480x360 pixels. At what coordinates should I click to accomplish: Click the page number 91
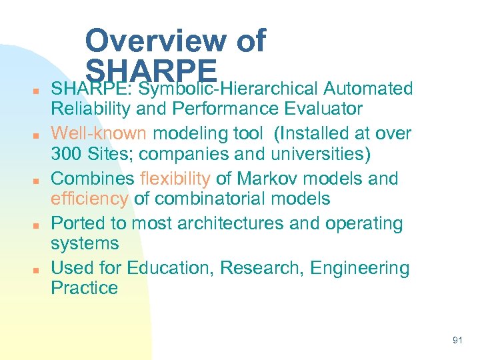click(457, 340)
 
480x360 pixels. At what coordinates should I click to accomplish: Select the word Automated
click(368, 89)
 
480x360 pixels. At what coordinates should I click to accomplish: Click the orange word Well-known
click(98, 133)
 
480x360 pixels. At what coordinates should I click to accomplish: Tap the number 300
click(67, 153)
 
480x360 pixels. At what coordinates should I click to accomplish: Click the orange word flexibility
click(175, 179)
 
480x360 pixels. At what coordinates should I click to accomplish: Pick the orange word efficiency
click(89, 199)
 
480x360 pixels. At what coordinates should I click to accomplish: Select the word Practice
click(84, 288)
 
